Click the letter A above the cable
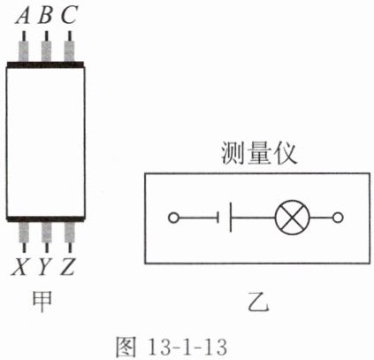click(23, 15)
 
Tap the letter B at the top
click(45, 15)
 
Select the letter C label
click(69, 15)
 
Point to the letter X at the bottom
click(19, 266)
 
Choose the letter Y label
click(44, 266)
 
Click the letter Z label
click(67, 266)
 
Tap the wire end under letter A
click(24, 36)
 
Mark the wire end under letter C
click(70, 36)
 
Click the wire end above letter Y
click(47, 248)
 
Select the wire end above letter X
click(24, 248)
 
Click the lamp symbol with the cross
click(292, 218)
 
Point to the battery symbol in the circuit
click(225, 218)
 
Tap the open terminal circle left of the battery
click(173, 218)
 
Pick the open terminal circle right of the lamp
click(338, 218)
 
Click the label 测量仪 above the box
click(259, 153)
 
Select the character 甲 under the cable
click(42, 301)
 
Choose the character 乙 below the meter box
click(258, 302)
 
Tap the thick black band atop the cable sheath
click(45, 65)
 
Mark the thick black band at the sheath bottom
click(45, 218)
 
